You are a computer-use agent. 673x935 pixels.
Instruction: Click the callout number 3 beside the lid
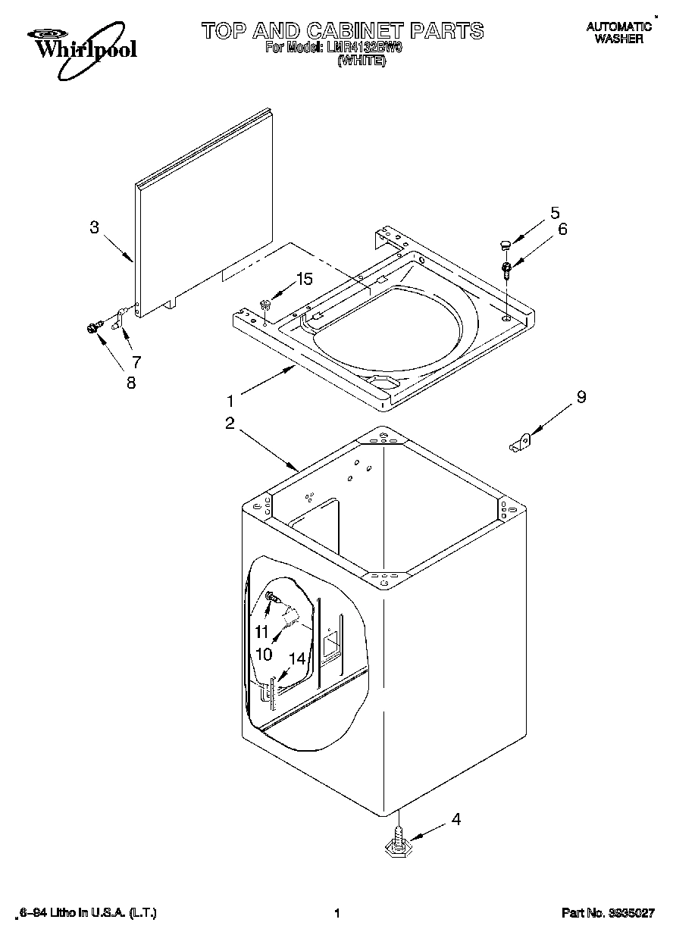[94, 227]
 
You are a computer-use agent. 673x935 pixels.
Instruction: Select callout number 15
[303, 279]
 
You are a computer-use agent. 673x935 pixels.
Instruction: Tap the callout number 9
[581, 396]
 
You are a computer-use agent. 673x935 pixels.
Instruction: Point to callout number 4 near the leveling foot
[455, 819]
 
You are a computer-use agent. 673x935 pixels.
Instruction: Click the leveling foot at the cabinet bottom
[397, 845]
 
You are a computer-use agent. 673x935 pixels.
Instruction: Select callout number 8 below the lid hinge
[131, 383]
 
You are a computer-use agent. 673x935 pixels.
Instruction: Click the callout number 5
[555, 212]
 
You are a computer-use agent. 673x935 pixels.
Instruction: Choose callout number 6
[562, 229]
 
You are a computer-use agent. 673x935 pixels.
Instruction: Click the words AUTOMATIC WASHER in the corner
[618, 33]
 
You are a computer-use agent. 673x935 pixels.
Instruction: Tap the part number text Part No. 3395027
[607, 914]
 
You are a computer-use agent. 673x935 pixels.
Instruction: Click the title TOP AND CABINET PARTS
[342, 30]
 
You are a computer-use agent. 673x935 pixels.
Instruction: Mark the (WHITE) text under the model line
[362, 61]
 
